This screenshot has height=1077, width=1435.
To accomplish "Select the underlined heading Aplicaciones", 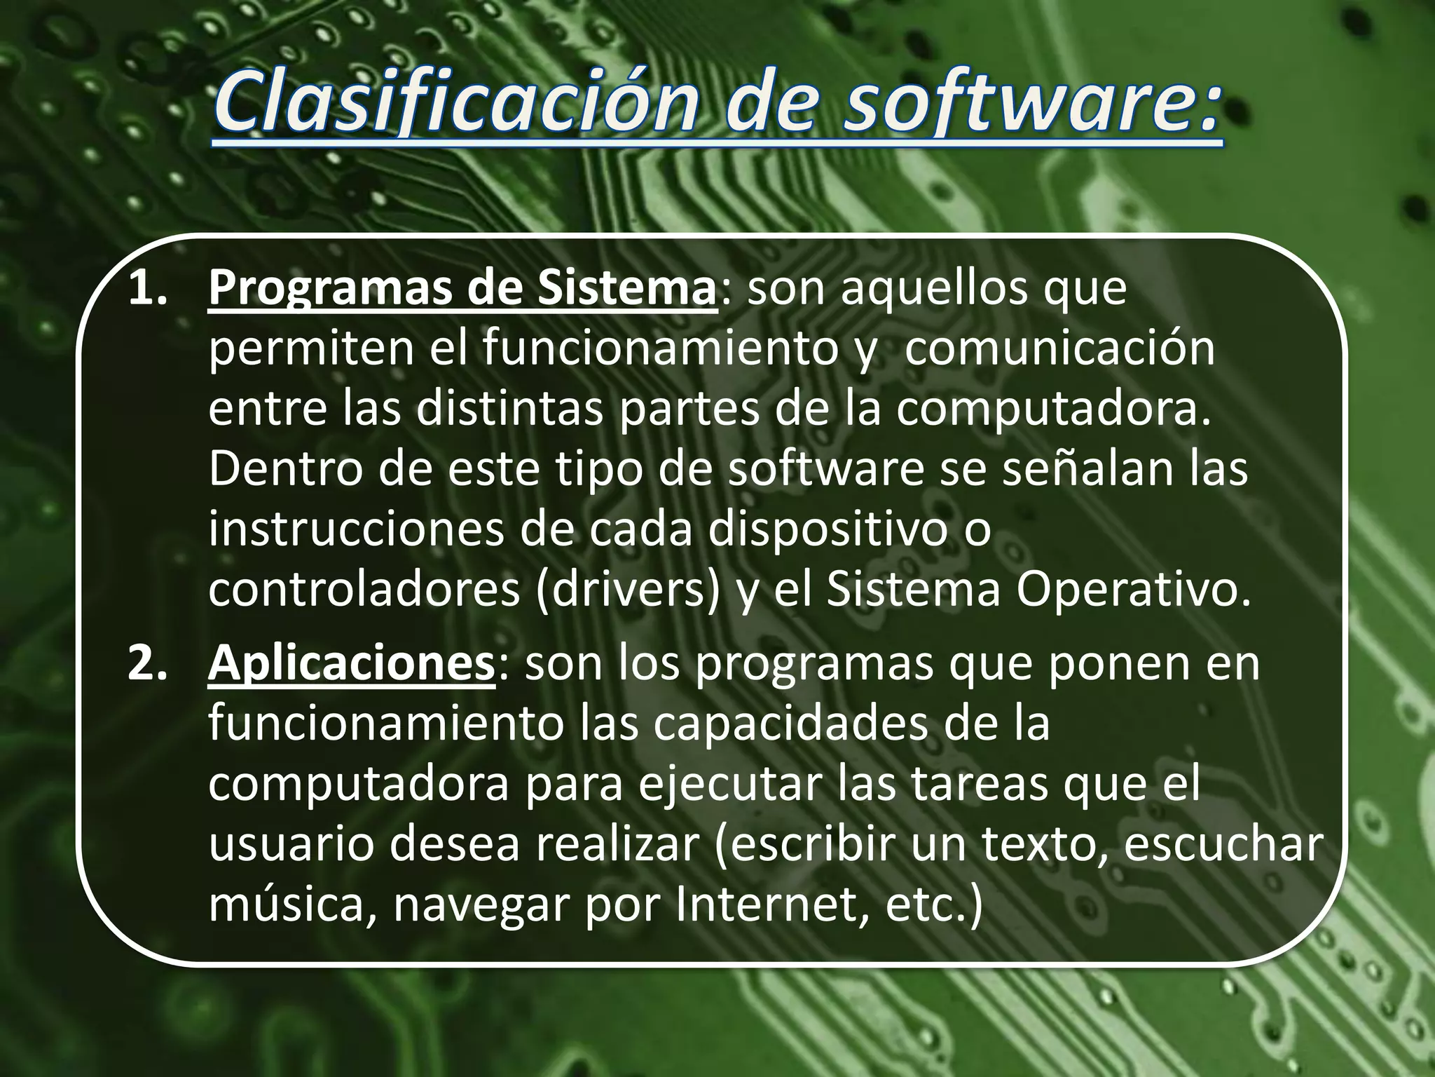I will [351, 663].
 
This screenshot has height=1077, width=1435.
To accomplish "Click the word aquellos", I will [933, 288].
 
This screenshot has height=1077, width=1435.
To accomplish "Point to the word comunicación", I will [1059, 349].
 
